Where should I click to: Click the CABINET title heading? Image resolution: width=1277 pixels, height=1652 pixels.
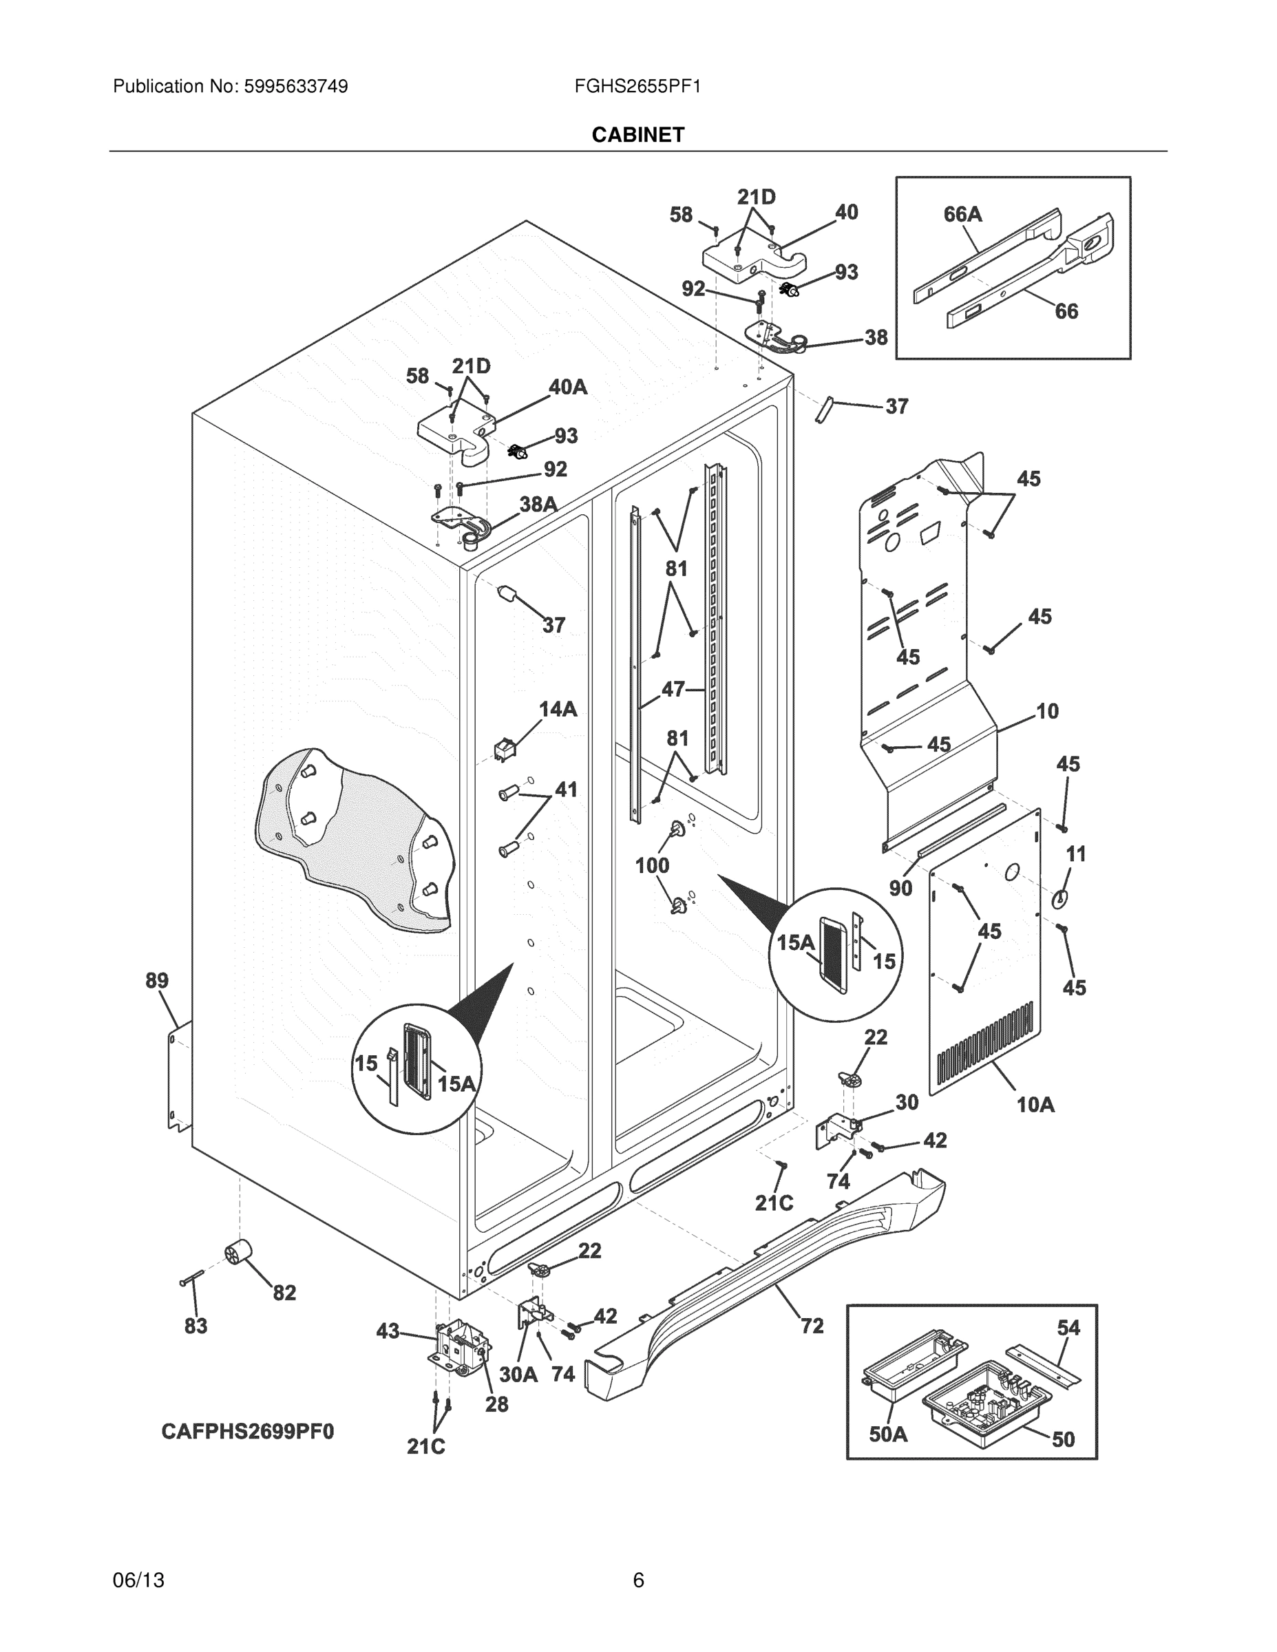[637, 135]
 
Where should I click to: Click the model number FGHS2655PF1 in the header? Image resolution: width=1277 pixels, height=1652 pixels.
[637, 86]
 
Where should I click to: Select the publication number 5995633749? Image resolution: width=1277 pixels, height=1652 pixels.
[295, 86]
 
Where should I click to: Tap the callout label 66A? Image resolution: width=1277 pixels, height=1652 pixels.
[962, 215]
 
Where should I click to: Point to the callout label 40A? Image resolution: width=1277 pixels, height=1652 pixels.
[567, 388]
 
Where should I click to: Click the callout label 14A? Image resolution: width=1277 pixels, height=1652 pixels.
[558, 709]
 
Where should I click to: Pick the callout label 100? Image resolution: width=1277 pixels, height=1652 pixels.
[651, 865]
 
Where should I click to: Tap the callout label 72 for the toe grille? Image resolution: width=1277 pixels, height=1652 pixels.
[812, 1325]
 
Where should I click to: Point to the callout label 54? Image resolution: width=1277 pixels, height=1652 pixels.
[1068, 1328]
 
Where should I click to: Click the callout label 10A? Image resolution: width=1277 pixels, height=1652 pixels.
[1035, 1105]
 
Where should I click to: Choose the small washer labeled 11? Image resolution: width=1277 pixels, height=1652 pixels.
[1060, 898]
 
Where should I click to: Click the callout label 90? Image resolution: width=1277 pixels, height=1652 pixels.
[900, 888]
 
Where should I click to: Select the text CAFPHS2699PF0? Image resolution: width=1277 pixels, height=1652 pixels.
[247, 1432]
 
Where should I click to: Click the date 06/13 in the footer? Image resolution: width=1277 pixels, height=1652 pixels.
[138, 1580]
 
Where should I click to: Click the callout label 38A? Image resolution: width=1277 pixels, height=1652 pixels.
[538, 504]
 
